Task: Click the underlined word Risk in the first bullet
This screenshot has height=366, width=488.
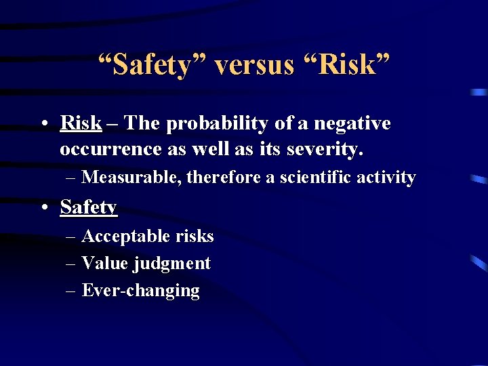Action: coord(81,123)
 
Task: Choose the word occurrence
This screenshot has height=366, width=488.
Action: coord(105,148)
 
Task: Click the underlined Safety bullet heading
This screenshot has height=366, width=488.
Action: coord(89,207)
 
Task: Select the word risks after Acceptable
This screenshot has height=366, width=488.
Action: coord(194,236)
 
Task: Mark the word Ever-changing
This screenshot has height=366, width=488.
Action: coord(140,291)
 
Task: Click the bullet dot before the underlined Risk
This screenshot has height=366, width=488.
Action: coord(43,124)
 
